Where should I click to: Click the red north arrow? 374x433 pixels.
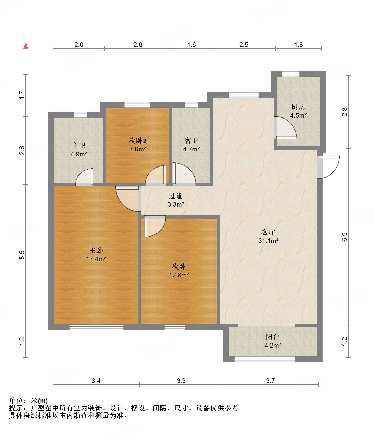click(x=26, y=46)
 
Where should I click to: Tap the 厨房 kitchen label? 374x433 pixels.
click(x=298, y=107)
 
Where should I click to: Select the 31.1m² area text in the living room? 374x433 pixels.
click(x=268, y=241)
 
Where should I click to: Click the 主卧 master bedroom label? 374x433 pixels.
click(x=96, y=250)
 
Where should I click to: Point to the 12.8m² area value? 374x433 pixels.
click(x=179, y=275)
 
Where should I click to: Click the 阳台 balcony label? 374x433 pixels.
click(x=272, y=337)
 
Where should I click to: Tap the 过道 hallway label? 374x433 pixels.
click(x=175, y=196)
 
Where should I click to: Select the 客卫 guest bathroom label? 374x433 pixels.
click(x=191, y=141)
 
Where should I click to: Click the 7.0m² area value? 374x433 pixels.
click(x=138, y=149)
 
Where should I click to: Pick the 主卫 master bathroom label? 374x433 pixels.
click(x=79, y=146)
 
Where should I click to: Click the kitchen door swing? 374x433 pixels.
click(x=286, y=128)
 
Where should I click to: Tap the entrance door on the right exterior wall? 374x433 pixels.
click(x=328, y=167)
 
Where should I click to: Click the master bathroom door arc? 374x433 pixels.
click(x=84, y=177)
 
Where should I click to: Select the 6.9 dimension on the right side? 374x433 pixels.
click(x=344, y=237)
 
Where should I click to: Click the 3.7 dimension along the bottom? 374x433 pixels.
click(x=270, y=381)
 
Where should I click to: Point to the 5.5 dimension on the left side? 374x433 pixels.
click(x=22, y=255)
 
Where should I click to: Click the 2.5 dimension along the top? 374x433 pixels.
click(x=244, y=45)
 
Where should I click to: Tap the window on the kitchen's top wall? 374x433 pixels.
click(x=291, y=74)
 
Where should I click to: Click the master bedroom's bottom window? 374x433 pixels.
click(x=96, y=327)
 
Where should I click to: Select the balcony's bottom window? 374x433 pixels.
click(x=265, y=359)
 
